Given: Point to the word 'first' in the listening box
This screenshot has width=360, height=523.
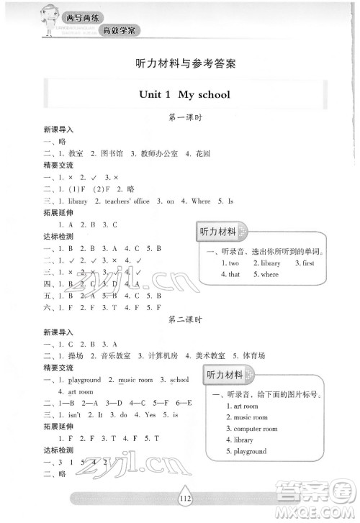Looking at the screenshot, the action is (307, 263).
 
